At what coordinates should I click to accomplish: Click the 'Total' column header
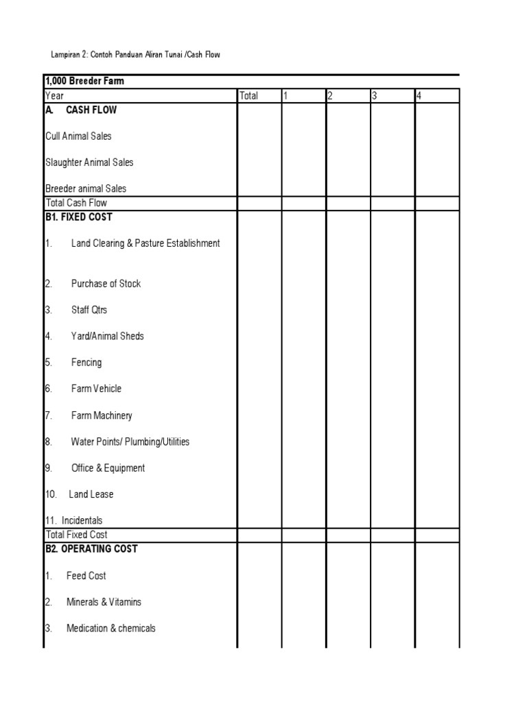[x=249, y=96]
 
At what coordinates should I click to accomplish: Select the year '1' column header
[x=286, y=96]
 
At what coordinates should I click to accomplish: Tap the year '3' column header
[x=375, y=96]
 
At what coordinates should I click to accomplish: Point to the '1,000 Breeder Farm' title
[x=84, y=82]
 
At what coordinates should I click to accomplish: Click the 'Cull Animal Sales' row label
[x=78, y=136]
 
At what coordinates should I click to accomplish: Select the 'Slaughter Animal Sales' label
[x=89, y=162]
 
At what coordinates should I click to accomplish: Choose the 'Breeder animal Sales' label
[x=86, y=189]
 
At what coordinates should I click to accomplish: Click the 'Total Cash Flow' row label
[x=76, y=203]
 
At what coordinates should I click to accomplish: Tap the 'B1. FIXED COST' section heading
[x=78, y=217]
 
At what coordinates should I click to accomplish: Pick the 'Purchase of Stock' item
[x=106, y=284]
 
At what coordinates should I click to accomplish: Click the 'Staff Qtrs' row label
[x=89, y=310]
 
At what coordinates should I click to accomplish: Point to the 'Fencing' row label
[x=86, y=363]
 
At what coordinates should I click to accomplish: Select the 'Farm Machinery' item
[x=102, y=415]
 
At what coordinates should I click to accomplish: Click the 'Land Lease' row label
[x=91, y=494]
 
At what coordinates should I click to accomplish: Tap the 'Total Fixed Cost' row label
[x=76, y=535]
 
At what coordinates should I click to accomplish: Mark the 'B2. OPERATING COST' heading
[x=91, y=548]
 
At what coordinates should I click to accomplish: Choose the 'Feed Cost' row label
[x=86, y=576]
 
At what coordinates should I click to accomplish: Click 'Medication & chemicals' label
[x=111, y=628]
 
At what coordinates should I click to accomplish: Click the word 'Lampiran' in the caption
[x=65, y=54]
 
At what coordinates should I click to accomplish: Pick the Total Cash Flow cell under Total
[x=259, y=203]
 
